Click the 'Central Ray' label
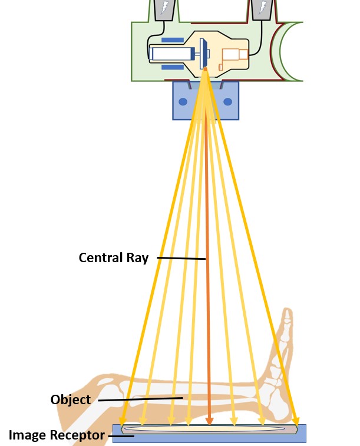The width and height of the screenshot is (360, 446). [113, 257]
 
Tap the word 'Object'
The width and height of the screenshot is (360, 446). [71, 399]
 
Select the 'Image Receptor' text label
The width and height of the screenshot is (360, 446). [57, 436]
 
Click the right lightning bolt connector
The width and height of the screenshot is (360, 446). [260, 8]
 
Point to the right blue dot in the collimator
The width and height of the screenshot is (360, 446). [228, 101]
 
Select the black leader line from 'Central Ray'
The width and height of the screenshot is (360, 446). [181, 258]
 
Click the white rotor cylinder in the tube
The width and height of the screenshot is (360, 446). [171, 54]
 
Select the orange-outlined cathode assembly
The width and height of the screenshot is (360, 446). [234, 57]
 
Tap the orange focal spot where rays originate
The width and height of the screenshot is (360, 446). [206, 71]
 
